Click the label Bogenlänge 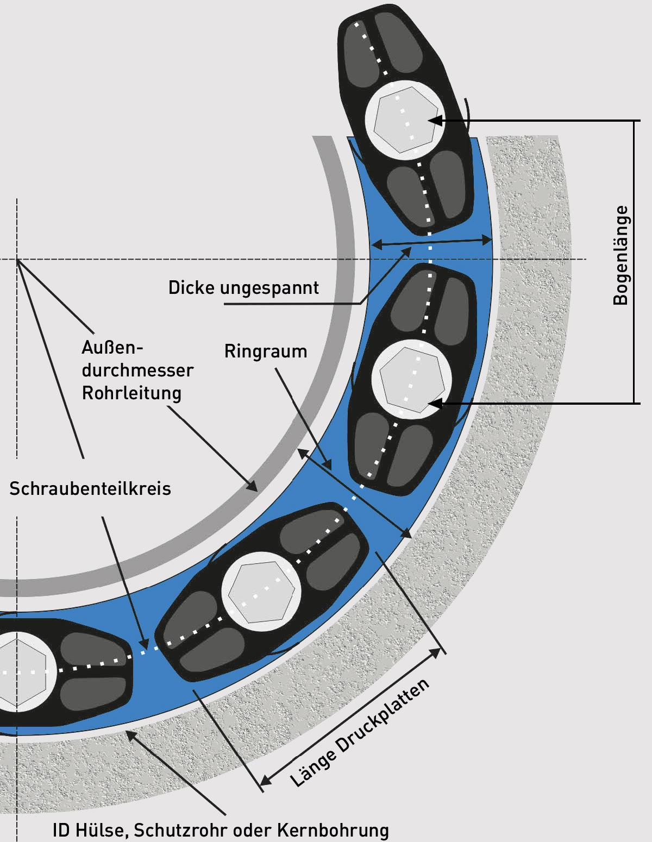pos(620,255)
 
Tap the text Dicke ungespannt pos(243,287)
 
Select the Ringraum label pos(266,351)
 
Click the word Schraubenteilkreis pos(90,489)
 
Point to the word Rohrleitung pos(131,393)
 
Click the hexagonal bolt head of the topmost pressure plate pos(405,120)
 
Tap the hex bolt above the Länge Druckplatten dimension pos(261,592)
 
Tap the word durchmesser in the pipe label pos(137,370)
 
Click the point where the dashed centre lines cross pos(17,259)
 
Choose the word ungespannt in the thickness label pos(269,288)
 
